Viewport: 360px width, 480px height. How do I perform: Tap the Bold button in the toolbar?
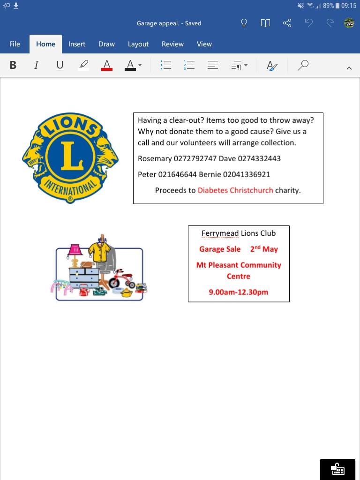tap(13, 65)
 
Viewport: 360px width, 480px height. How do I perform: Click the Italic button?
tap(36, 65)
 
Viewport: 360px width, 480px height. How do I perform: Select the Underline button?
tap(60, 65)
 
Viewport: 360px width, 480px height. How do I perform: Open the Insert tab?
tap(77, 44)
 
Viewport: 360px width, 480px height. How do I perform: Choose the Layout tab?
tap(138, 44)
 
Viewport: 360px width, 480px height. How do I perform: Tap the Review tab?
tap(172, 44)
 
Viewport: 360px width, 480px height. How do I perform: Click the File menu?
tap(15, 44)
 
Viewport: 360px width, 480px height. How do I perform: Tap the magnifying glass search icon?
tap(303, 65)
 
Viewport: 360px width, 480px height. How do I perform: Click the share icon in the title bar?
tap(287, 23)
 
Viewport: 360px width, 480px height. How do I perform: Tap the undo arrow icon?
tap(308, 23)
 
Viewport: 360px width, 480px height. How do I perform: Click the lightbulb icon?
tap(244, 23)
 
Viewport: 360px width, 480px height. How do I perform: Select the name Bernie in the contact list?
tap(210, 174)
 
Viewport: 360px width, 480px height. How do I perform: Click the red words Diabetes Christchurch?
tap(235, 190)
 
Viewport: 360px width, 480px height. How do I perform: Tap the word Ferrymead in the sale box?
tap(220, 233)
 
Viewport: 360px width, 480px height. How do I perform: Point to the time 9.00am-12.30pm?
tap(239, 292)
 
